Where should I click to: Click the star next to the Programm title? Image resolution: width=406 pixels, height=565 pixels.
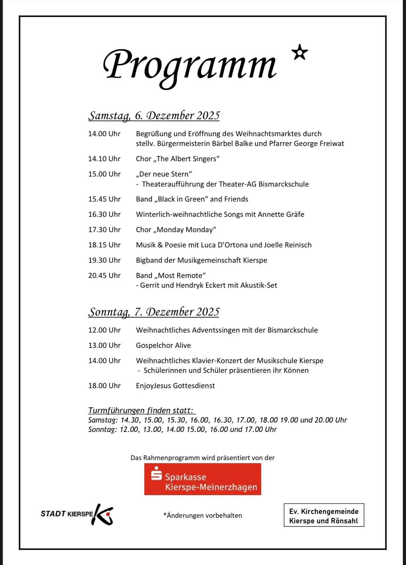pos(300,53)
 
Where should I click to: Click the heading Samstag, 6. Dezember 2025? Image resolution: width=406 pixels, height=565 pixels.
pos(154,115)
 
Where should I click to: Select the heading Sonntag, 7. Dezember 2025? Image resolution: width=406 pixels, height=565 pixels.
pos(154,312)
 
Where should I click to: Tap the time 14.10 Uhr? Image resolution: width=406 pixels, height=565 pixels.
pos(104,159)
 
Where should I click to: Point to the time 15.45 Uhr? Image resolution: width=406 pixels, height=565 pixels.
pos(104,199)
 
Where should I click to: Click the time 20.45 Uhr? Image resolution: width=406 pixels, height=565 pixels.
pos(104,276)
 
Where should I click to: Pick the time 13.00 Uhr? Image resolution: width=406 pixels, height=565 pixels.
pos(104,345)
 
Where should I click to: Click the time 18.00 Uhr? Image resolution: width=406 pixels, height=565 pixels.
pos(104,386)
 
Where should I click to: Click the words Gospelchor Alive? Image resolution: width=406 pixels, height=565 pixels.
pos(163,345)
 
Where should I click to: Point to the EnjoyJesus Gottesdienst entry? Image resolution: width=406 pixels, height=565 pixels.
pos(175,386)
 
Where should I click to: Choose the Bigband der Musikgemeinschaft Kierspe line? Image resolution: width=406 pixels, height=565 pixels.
pos(201,260)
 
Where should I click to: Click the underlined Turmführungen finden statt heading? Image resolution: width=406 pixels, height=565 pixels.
pos(141,410)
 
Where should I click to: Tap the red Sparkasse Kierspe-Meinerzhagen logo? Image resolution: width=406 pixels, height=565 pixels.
pos(203,479)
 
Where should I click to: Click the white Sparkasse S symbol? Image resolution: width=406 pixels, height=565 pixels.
pos(157,474)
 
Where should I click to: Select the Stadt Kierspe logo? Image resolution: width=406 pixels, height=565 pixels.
pos(77,514)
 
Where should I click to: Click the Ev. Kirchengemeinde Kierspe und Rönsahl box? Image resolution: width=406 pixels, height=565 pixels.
pos(324,516)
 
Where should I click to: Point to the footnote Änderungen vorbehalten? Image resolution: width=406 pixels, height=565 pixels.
pos(203,516)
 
